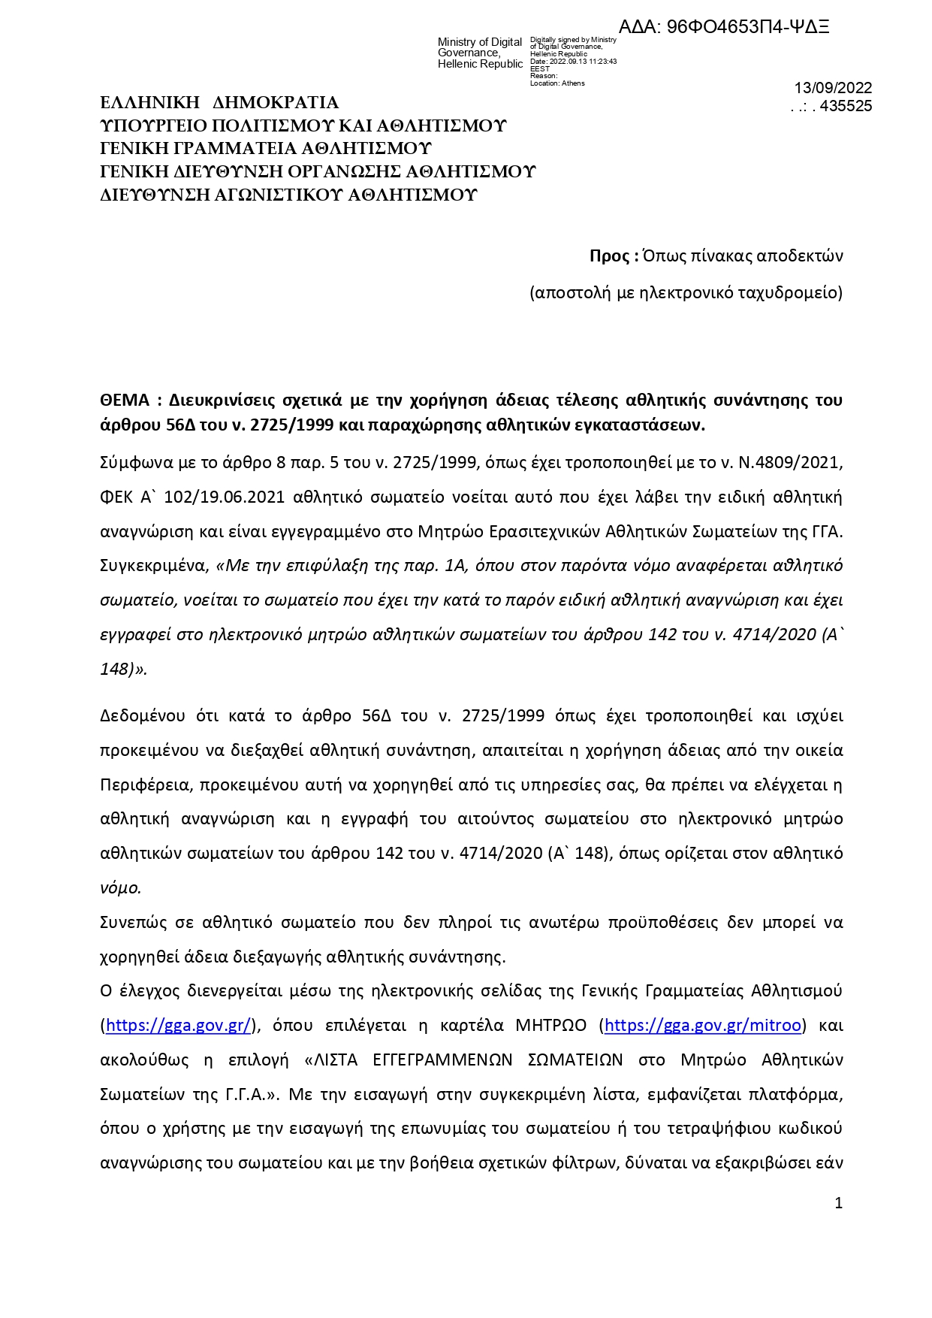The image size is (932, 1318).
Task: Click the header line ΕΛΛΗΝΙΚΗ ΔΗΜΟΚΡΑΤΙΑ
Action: coord(219,103)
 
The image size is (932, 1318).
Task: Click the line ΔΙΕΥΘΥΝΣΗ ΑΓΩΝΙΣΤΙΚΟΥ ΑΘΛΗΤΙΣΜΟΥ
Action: coord(288,195)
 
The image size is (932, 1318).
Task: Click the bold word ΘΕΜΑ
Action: coord(125,400)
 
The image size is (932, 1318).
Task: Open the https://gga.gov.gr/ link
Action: coord(179,1026)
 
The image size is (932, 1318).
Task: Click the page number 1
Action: coord(839,1203)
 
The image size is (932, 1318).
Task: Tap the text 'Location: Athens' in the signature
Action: coord(557,83)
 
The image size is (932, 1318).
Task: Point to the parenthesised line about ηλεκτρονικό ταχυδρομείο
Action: coord(686,293)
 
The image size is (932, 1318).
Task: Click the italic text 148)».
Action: coord(123,669)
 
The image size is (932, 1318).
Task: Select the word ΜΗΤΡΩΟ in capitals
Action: coord(550,1026)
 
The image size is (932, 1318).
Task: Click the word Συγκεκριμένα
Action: coord(153,566)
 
